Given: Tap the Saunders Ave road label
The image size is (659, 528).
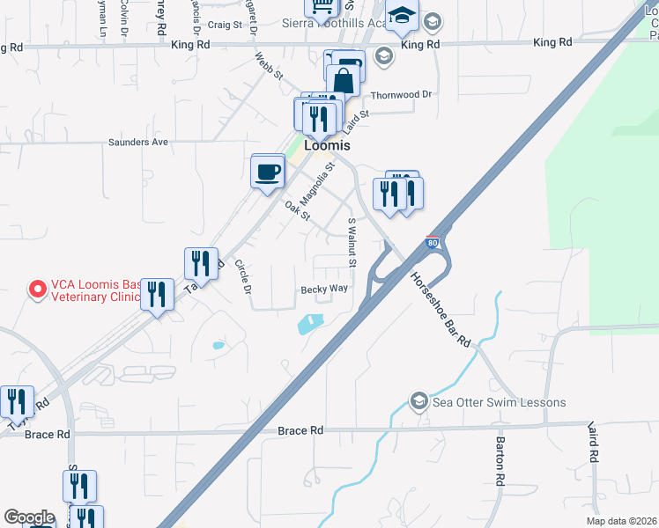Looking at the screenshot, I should (137, 142).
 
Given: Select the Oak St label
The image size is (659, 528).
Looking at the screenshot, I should (298, 210).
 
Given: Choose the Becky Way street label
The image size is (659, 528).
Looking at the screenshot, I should (324, 289).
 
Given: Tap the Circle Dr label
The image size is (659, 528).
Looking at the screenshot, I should (244, 276).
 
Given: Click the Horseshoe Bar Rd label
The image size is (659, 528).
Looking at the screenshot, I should (441, 308).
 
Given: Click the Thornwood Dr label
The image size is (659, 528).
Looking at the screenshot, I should (402, 94).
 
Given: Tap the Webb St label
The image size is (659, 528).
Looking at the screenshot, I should (269, 65).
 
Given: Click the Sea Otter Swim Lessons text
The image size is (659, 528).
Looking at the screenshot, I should (500, 403).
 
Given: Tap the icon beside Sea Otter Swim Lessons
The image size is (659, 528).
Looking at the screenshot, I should (420, 403).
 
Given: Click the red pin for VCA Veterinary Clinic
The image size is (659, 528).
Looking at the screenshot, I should (37, 289).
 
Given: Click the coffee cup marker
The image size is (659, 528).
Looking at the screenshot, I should (268, 171).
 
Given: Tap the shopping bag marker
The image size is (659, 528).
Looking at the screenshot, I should (344, 82).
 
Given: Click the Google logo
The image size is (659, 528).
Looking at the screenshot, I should (29, 517).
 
